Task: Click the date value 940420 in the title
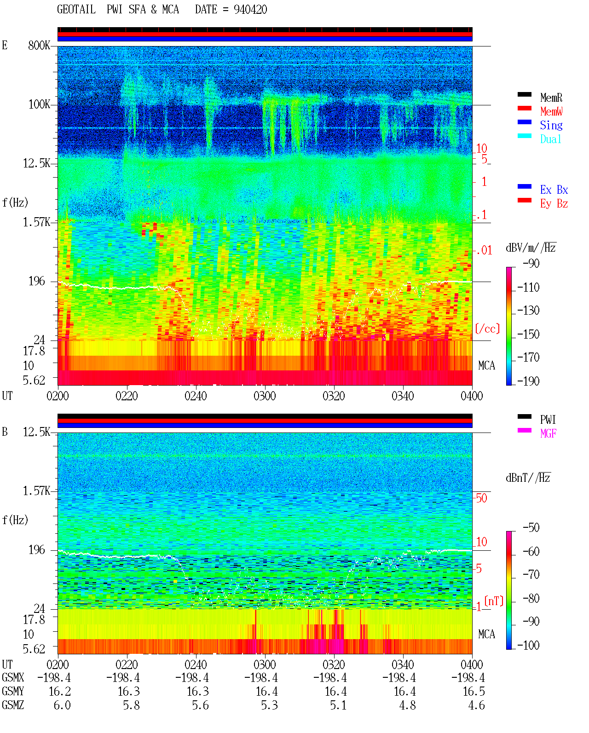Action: [x=250, y=10]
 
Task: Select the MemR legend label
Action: [x=551, y=98]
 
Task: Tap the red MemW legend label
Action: [x=551, y=111]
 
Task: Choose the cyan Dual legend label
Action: [x=551, y=139]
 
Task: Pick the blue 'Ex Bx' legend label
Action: [x=554, y=190]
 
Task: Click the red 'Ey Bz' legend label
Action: [x=554, y=203]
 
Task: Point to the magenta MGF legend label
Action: [x=548, y=433]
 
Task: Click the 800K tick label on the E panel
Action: [x=39, y=45]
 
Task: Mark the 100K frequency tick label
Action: [x=39, y=104]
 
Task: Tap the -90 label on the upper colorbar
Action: [x=531, y=263]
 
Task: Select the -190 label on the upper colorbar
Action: [x=528, y=381]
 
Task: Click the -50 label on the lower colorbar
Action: [x=531, y=528]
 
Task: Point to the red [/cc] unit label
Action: [x=487, y=329]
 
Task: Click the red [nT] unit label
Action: [x=494, y=601]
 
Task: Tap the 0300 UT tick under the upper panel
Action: [x=265, y=396]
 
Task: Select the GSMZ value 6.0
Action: [x=62, y=705]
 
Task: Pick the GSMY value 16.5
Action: [x=474, y=692]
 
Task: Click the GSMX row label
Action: [x=13, y=677]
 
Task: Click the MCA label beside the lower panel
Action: [x=486, y=634]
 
